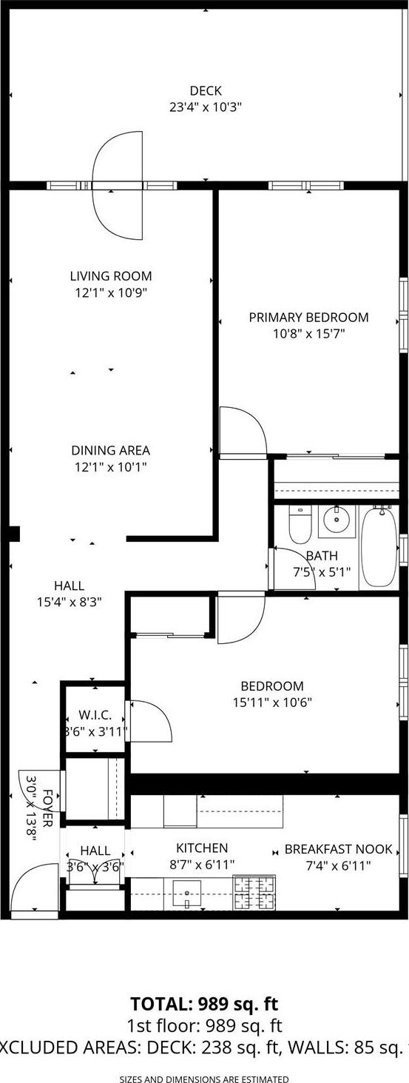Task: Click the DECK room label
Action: point(206,91)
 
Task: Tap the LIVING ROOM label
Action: point(111,276)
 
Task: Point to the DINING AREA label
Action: point(111,450)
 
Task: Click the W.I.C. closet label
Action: point(95,715)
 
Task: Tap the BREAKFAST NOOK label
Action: point(339,849)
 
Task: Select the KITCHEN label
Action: point(202,848)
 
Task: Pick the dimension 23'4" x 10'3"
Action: point(206,107)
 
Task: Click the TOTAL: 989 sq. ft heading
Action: point(204,1005)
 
